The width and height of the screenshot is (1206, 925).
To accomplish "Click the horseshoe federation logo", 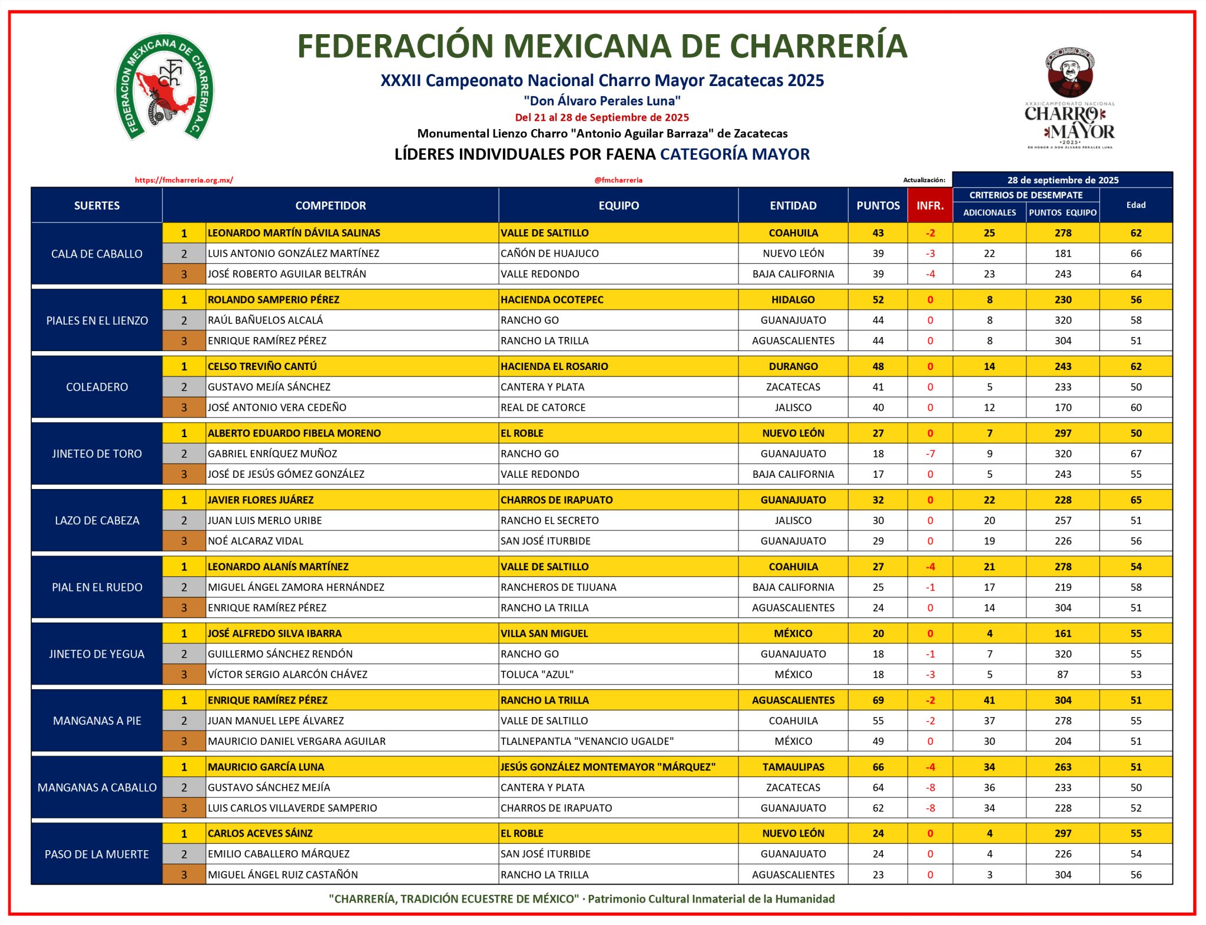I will pyautogui.click(x=164, y=87).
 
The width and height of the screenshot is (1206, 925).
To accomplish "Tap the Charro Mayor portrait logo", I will pyautogui.click(x=1069, y=98).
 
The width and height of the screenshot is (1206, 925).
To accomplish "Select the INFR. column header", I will pyautogui.click(x=930, y=205).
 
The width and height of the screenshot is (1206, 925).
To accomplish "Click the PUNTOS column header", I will pyautogui.click(x=877, y=205).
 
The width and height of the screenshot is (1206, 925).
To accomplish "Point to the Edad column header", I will pyautogui.click(x=1135, y=205).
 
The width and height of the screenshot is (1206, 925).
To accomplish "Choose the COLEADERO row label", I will pyautogui.click(x=97, y=386).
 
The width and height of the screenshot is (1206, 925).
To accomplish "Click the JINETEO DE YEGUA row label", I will pyautogui.click(x=97, y=653).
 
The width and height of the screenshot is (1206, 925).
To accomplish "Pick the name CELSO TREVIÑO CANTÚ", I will pyautogui.click(x=262, y=366).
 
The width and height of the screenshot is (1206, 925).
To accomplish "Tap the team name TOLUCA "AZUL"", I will pyautogui.click(x=536, y=674).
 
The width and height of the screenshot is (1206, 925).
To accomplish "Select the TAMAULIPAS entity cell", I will pyautogui.click(x=793, y=767).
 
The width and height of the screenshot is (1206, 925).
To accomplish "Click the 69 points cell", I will pyautogui.click(x=877, y=700).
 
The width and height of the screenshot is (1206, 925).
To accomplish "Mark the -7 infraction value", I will pyautogui.click(x=930, y=453).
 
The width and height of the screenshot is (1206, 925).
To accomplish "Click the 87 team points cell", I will pyautogui.click(x=1062, y=674).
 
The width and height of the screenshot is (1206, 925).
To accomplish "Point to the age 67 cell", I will pyautogui.click(x=1135, y=453).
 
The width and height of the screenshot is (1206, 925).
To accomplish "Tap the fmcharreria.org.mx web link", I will pyautogui.click(x=184, y=180).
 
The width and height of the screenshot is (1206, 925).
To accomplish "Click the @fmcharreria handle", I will pyautogui.click(x=618, y=180).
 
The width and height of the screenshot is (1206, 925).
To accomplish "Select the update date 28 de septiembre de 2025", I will pyautogui.click(x=1062, y=180).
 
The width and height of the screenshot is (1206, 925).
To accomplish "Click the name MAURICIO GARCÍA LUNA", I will pyautogui.click(x=266, y=767).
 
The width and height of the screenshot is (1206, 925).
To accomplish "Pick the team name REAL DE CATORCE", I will pyautogui.click(x=542, y=407).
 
